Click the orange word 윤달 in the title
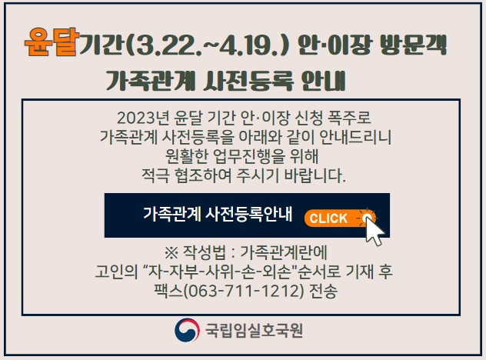(x=52, y=42)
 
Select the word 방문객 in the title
(x=413, y=45)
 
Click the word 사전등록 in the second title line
(x=248, y=81)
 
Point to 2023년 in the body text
(x=143, y=118)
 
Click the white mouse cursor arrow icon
(x=374, y=230)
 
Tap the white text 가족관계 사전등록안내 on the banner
(x=218, y=214)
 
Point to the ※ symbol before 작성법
(x=171, y=253)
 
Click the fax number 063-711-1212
(x=244, y=292)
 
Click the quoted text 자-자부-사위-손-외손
(x=219, y=272)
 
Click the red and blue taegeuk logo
(x=187, y=330)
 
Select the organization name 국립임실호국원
(x=254, y=330)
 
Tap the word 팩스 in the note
(x=168, y=292)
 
